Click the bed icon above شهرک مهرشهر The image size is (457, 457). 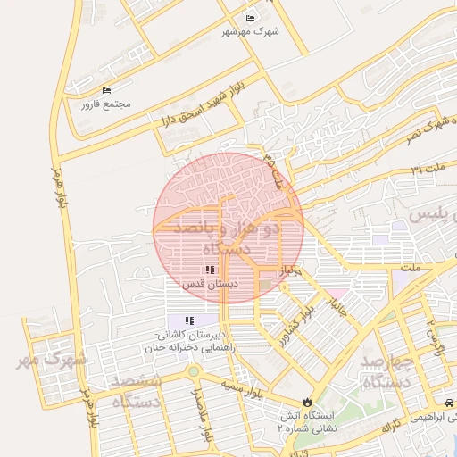click(250, 18)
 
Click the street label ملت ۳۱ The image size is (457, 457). click(428, 169)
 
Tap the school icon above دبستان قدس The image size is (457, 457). click(209, 269)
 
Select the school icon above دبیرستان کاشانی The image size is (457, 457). click(188, 320)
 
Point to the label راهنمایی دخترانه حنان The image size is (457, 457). click(193, 348)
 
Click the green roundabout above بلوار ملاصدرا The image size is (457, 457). click(192, 370)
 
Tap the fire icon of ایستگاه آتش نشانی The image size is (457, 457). click(308, 402)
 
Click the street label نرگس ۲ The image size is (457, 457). click(435, 334)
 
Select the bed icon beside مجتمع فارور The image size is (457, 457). click(107, 90)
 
